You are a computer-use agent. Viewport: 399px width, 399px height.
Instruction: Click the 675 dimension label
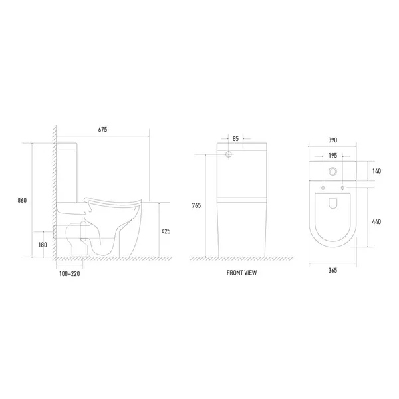tap(102, 130)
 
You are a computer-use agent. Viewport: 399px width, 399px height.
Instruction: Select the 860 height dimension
tap(22, 201)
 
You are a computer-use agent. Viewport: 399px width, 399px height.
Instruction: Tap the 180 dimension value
tap(43, 245)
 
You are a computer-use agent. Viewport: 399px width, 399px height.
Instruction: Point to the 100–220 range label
tap(69, 274)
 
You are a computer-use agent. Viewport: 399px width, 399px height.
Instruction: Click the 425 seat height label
tap(166, 231)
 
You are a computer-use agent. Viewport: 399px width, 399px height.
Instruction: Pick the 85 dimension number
tap(235, 139)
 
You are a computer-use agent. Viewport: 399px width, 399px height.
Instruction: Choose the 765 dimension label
tap(196, 205)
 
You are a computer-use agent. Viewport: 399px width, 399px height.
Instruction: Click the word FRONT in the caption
tap(234, 273)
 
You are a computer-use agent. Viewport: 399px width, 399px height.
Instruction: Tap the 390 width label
tap(332, 140)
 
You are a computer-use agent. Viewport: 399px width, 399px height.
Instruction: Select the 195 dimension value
tap(333, 156)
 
